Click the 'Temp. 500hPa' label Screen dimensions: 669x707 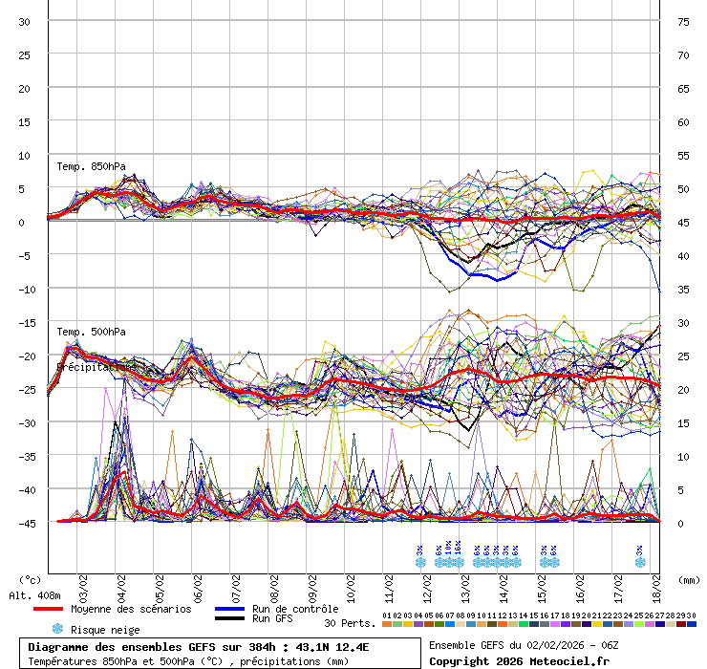[x=91, y=332]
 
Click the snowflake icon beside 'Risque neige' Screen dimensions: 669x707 [x=57, y=629]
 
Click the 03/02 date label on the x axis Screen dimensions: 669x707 [x=83, y=585]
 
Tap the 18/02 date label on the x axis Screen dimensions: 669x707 [x=656, y=585]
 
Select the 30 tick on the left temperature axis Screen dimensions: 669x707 [x=25, y=22]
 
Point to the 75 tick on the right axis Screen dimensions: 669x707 [x=683, y=22]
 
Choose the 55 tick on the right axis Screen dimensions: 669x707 [x=683, y=155]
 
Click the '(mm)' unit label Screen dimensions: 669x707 [x=688, y=579]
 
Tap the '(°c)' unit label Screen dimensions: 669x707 [x=31, y=579]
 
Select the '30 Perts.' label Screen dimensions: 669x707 [x=349, y=623]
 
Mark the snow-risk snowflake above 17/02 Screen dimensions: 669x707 [x=640, y=562]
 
